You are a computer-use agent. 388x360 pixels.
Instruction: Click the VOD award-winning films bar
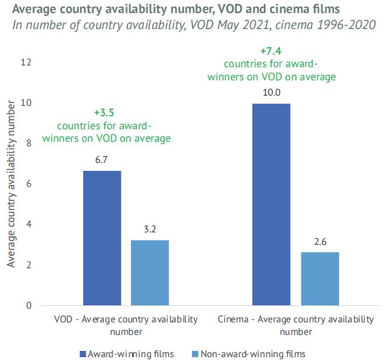[x=102, y=238]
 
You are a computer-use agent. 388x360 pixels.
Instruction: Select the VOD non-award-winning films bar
[x=150, y=273]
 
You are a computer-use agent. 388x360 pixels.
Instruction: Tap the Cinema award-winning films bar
[x=271, y=204]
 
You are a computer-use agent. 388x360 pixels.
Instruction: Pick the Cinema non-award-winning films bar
[x=320, y=279]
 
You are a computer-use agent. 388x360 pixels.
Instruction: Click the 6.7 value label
[x=102, y=160]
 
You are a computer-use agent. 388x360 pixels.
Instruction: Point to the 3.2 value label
[x=150, y=230]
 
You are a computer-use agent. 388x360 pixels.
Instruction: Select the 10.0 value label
[x=271, y=93]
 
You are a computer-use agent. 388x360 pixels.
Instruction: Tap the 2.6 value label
[x=320, y=242]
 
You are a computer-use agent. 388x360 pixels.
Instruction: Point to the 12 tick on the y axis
[x=25, y=62]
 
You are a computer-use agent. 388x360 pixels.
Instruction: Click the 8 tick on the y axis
[x=27, y=144]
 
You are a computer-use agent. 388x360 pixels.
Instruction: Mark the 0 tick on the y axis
[x=27, y=306]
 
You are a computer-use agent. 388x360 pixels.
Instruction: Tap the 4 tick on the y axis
[x=27, y=224]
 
